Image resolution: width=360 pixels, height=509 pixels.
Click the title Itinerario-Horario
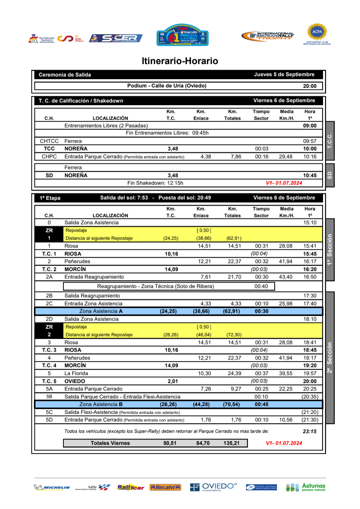(x=180, y=61)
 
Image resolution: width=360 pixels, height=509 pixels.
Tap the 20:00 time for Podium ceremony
(x=309, y=86)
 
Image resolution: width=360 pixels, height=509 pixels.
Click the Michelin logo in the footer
(x=52, y=487)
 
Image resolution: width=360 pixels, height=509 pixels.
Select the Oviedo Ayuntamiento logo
(x=214, y=487)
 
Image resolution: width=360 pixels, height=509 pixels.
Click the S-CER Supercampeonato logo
(x=116, y=38)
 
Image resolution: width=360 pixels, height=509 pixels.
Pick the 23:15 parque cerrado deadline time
(x=309, y=431)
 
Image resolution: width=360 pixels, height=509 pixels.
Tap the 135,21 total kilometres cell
(x=231, y=443)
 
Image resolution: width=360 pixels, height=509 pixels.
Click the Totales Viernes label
(x=110, y=443)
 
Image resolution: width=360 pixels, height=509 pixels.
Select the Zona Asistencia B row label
(x=101, y=404)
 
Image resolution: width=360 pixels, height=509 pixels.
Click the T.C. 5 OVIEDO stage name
(x=75, y=381)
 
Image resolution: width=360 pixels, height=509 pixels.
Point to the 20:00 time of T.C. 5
(x=309, y=381)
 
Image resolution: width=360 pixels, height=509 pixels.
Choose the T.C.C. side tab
(x=329, y=141)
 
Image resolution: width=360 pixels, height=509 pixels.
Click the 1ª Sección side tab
(x=329, y=249)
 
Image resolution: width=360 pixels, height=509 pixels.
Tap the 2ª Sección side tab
(x=329, y=357)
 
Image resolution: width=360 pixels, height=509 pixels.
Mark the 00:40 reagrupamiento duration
(x=261, y=286)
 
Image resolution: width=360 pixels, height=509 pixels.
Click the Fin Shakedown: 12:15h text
(x=155, y=183)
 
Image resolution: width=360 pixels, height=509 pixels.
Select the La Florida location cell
(x=76, y=373)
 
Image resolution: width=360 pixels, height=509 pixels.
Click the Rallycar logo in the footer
(x=131, y=487)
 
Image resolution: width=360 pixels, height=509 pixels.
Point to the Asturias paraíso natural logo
(x=306, y=487)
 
